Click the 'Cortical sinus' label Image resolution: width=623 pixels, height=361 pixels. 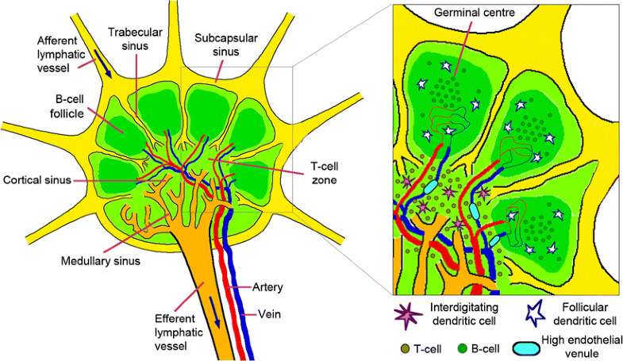[37, 179]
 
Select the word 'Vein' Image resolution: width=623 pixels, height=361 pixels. [267, 313]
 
